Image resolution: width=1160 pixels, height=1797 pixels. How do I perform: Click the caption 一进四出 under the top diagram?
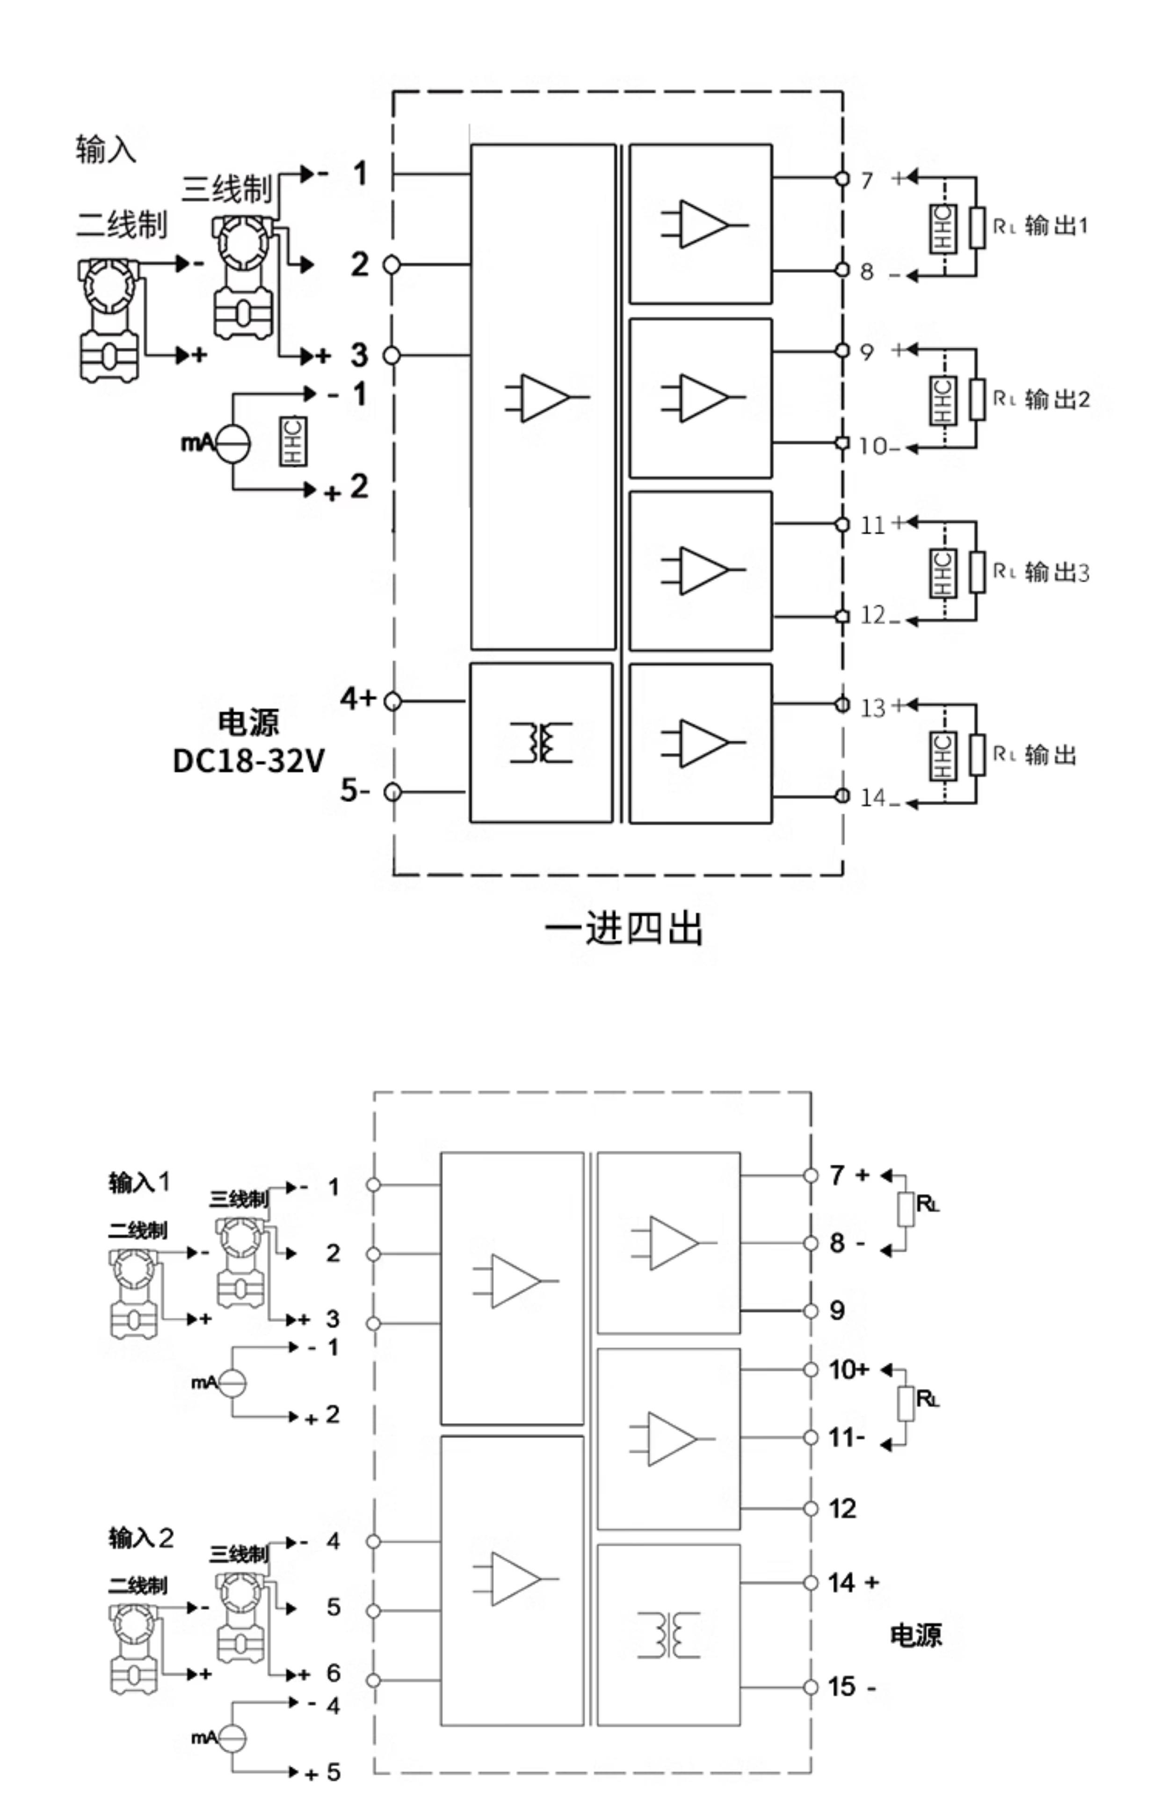click(x=623, y=928)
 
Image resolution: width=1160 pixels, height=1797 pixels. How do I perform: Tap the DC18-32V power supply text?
click(x=248, y=761)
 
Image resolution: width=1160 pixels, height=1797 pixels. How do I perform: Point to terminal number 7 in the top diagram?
click(x=867, y=181)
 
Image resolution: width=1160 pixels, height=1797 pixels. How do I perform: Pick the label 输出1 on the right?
click(x=1056, y=225)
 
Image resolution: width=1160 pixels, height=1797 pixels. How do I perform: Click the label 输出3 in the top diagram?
click(x=1057, y=572)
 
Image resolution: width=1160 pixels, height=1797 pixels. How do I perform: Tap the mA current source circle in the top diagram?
click(x=233, y=442)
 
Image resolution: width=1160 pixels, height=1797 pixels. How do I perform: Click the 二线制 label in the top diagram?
click(x=121, y=225)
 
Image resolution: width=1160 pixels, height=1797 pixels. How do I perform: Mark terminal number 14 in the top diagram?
click(x=873, y=797)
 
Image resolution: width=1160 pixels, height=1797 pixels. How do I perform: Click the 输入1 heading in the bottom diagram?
click(x=139, y=1182)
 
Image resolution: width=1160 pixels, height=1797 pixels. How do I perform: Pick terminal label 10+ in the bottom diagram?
click(x=849, y=1369)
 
